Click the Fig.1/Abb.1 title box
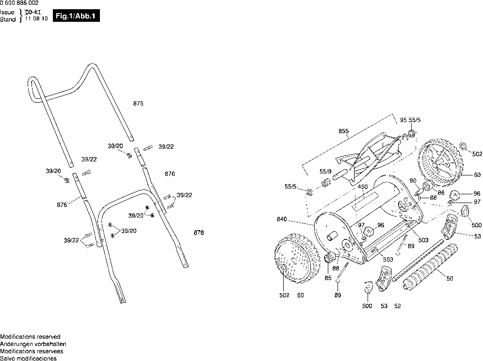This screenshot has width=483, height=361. click(x=76, y=16)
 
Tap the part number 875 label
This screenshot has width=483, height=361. click(x=138, y=104)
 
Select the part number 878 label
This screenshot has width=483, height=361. click(x=199, y=233)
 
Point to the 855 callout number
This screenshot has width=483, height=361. click(x=343, y=131)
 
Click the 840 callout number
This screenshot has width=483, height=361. click(x=282, y=219)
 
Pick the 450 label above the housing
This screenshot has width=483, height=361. click(x=363, y=187)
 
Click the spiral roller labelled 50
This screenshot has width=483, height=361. click(x=430, y=267)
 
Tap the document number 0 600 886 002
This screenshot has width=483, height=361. click(x=19, y=3)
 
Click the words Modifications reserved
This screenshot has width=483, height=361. click(x=30, y=337)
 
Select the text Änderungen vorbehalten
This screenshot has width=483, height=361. click(x=33, y=344)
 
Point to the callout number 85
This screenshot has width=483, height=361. click(x=328, y=278)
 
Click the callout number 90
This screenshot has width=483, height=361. click(x=413, y=181)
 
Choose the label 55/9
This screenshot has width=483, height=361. click(x=325, y=172)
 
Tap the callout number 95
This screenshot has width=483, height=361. click(x=403, y=120)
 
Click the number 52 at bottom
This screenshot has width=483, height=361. click(x=397, y=306)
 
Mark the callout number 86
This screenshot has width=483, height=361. click(x=441, y=193)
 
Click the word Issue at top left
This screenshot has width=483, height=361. click(x=7, y=12)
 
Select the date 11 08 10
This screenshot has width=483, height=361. click(x=36, y=18)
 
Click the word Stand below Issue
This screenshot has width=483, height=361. click(x=8, y=19)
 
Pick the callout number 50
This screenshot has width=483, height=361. click(x=450, y=278)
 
